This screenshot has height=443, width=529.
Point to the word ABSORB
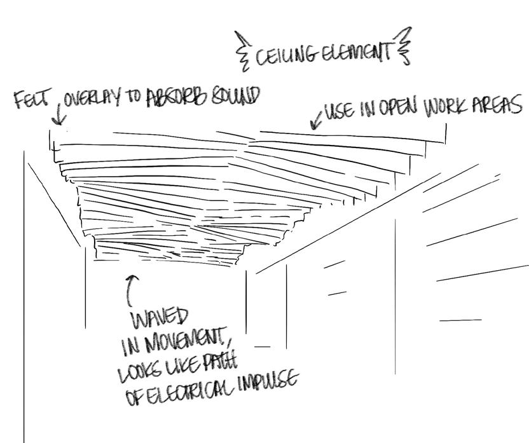[x=179, y=97]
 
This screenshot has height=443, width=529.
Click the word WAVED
[x=159, y=317]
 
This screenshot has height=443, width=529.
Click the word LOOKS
[x=137, y=373]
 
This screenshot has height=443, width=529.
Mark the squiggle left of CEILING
[x=242, y=50]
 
